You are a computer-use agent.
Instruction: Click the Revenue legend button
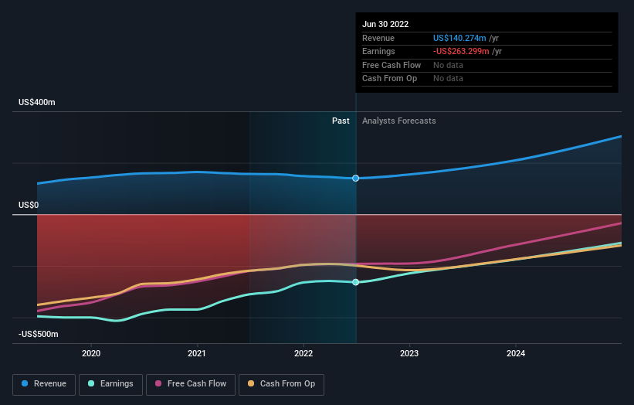(45, 383)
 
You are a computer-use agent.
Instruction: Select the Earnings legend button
(110, 383)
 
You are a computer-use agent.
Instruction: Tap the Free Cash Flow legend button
(190, 383)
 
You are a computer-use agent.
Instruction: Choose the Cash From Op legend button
(281, 383)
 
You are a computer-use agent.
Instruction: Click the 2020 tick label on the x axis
(91, 353)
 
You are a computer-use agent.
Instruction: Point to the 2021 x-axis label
(197, 353)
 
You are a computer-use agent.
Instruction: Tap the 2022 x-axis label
(303, 353)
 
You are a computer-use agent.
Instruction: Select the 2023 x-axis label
(409, 353)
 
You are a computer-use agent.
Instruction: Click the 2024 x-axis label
(516, 353)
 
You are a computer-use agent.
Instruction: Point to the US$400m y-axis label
(38, 102)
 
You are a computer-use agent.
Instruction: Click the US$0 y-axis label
(29, 205)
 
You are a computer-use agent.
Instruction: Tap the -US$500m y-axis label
(39, 334)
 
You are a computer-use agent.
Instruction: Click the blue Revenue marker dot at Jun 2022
(356, 179)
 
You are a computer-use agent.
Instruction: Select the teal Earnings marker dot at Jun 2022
(356, 282)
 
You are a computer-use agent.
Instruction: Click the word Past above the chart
(341, 121)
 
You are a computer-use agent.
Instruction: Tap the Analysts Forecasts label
(398, 121)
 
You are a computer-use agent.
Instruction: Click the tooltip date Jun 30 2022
(386, 24)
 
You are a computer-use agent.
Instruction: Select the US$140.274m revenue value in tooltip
(460, 38)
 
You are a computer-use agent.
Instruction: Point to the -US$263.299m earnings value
(462, 52)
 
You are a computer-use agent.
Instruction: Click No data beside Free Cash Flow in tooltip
(448, 65)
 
